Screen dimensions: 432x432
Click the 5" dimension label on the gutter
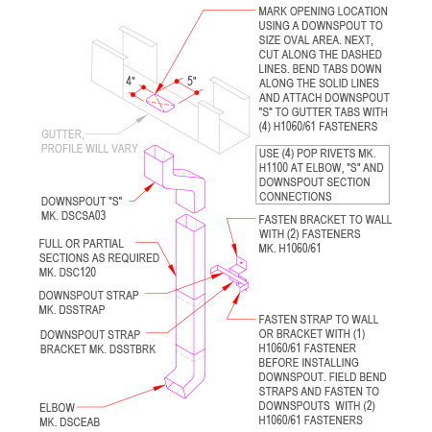(x=191, y=80)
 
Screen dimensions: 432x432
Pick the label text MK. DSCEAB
(x=71, y=421)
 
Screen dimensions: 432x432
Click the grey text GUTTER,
(x=66, y=135)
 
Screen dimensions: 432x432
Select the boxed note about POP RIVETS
(x=323, y=176)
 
